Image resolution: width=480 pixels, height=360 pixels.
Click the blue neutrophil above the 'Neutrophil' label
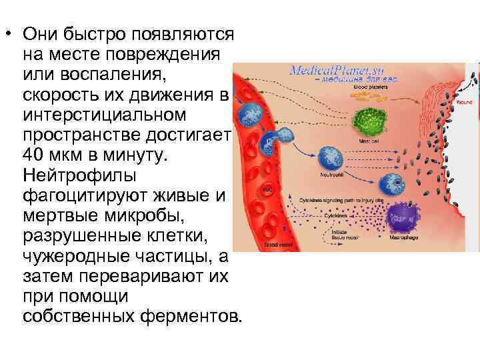coord(331,157)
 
